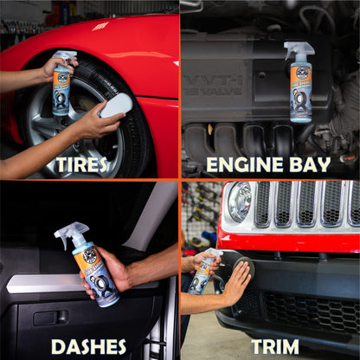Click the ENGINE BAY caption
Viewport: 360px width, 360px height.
(x=268, y=164)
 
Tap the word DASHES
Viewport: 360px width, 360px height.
(x=88, y=346)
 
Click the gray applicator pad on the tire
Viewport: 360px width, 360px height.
(x=116, y=106)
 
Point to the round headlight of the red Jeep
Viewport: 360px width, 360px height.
(x=239, y=202)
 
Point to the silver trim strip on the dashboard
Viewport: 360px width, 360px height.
(x=52, y=283)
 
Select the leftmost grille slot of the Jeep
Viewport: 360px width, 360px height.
(x=263, y=204)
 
